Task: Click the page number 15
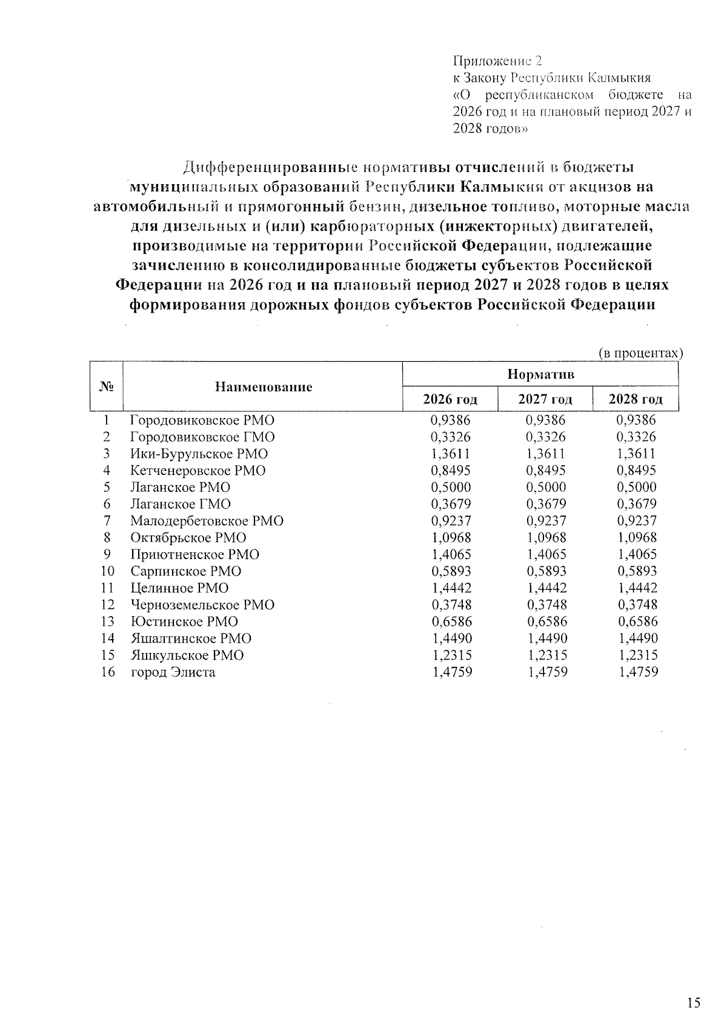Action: tap(694, 1003)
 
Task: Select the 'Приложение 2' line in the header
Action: tap(497, 61)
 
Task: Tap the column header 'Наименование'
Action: tap(264, 387)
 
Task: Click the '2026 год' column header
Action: tap(450, 399)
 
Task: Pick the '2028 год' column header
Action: tap(636, 399)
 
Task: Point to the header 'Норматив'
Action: tap(540, 374)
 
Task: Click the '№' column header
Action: tap(107, 386)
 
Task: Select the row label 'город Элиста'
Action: tap(173, 672)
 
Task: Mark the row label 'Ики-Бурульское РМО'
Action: tap(199, 454)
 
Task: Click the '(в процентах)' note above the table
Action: tap(640, 353)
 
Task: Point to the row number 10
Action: tap(107, 571)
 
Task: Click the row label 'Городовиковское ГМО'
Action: tap(202, 437)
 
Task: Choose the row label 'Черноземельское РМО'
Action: tap(202, 605)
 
